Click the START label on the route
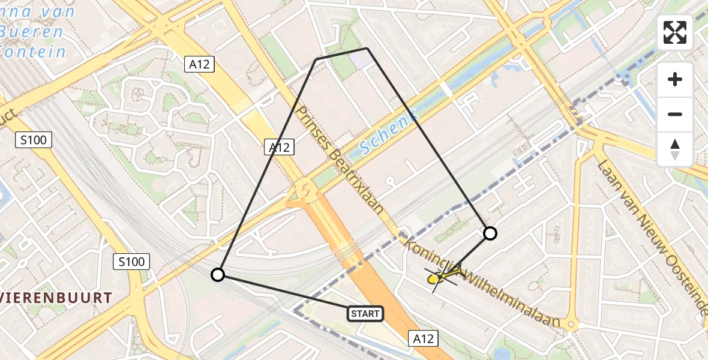point(365,313)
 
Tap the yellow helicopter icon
point(441,277)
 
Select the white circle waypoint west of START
point(218,275)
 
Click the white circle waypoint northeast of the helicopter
point(490,233)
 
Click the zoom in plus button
point(675,79)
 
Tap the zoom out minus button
point(675,114)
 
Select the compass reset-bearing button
point(675,149)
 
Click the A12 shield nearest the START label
point(423,338)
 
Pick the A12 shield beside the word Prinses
point(280,147)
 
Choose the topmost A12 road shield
point(199,64)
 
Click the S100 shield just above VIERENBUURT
point(131,261)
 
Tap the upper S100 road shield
point(34,140)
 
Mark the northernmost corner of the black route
point(367,48)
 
